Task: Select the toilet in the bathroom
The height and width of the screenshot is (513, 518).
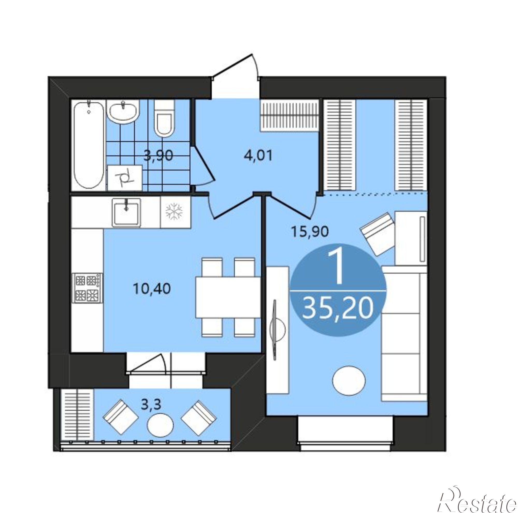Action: coord(164,118)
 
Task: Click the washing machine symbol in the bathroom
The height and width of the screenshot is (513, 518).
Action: coord(125,178)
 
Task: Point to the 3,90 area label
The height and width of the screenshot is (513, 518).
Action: coord(158,155)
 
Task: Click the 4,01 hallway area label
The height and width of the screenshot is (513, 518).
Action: coord(258,155)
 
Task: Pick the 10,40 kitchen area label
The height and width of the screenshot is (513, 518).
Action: coord(152,289)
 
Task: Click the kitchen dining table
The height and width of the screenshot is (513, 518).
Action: coord(228,297)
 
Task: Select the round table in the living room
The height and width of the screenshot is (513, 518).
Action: coord(349,381)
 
